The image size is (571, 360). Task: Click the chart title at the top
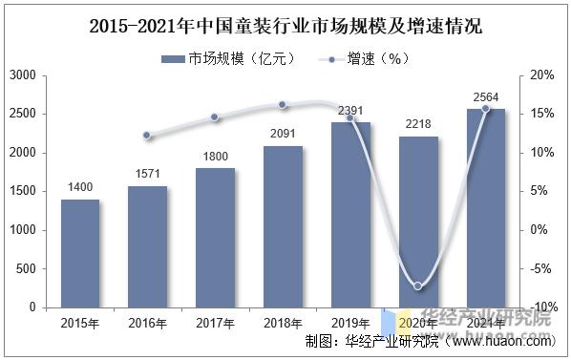[x=285, y=26]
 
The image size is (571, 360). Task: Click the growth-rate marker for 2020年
[x=418, y=286]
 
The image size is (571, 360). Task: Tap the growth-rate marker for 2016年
[x=147, y=136]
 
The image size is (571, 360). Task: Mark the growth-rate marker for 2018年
[x=283, y=105]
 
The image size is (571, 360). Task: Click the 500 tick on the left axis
[x=28, y=269]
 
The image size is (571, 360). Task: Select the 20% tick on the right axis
[x=541, y=74]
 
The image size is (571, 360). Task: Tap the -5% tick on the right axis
[x=541, y=269]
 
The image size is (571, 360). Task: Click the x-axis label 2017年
[x=215, y=323]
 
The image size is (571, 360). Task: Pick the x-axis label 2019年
[x=350, y=323]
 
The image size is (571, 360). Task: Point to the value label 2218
[x=418, y=124]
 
